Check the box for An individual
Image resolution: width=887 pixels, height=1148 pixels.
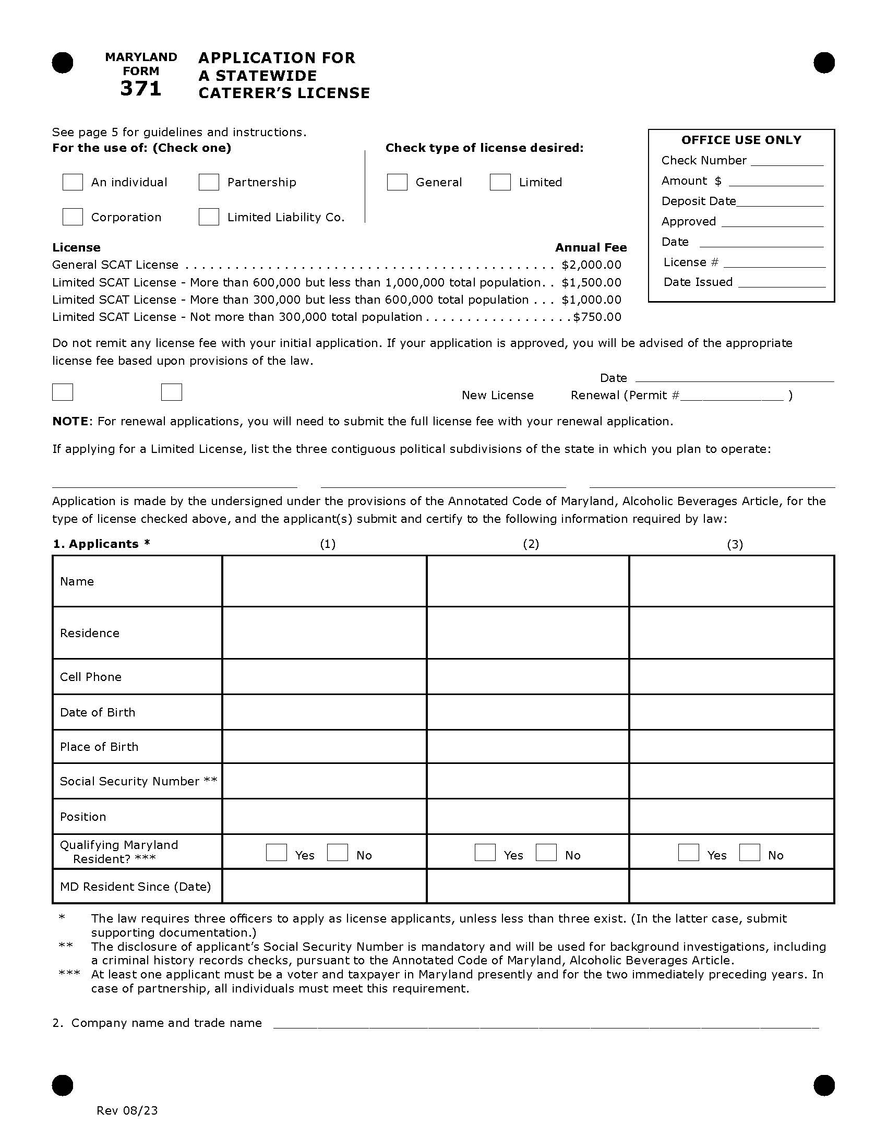tap(73, 182)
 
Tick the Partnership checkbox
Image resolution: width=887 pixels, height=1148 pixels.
tap(209, 182)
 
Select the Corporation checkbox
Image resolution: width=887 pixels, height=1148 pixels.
tap(73, 217)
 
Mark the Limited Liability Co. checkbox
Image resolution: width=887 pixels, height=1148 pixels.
tap(209, 217)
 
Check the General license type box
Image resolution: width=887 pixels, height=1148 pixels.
tap(397, 182)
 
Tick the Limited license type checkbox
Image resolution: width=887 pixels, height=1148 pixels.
tap(500, 182)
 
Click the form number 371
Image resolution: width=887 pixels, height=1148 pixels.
tap(140, 89)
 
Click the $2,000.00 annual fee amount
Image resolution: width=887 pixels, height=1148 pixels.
tap(591, 265)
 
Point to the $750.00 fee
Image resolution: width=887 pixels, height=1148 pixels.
tap(597, 317)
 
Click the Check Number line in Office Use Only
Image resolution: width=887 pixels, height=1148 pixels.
tap(787, 162)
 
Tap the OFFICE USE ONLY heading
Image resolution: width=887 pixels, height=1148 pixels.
tap(741, 140)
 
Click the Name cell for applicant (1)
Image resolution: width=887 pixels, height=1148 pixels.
tap(323, 581)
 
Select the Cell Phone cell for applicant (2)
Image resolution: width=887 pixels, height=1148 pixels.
tap(528, 676)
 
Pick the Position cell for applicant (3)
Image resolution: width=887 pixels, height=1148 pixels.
tap(731, 816)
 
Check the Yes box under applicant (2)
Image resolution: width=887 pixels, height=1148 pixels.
tap(485, 852)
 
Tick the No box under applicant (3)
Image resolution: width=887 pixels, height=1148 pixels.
tap(749, 852)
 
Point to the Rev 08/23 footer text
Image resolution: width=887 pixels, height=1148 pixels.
tap(127, 1110)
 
